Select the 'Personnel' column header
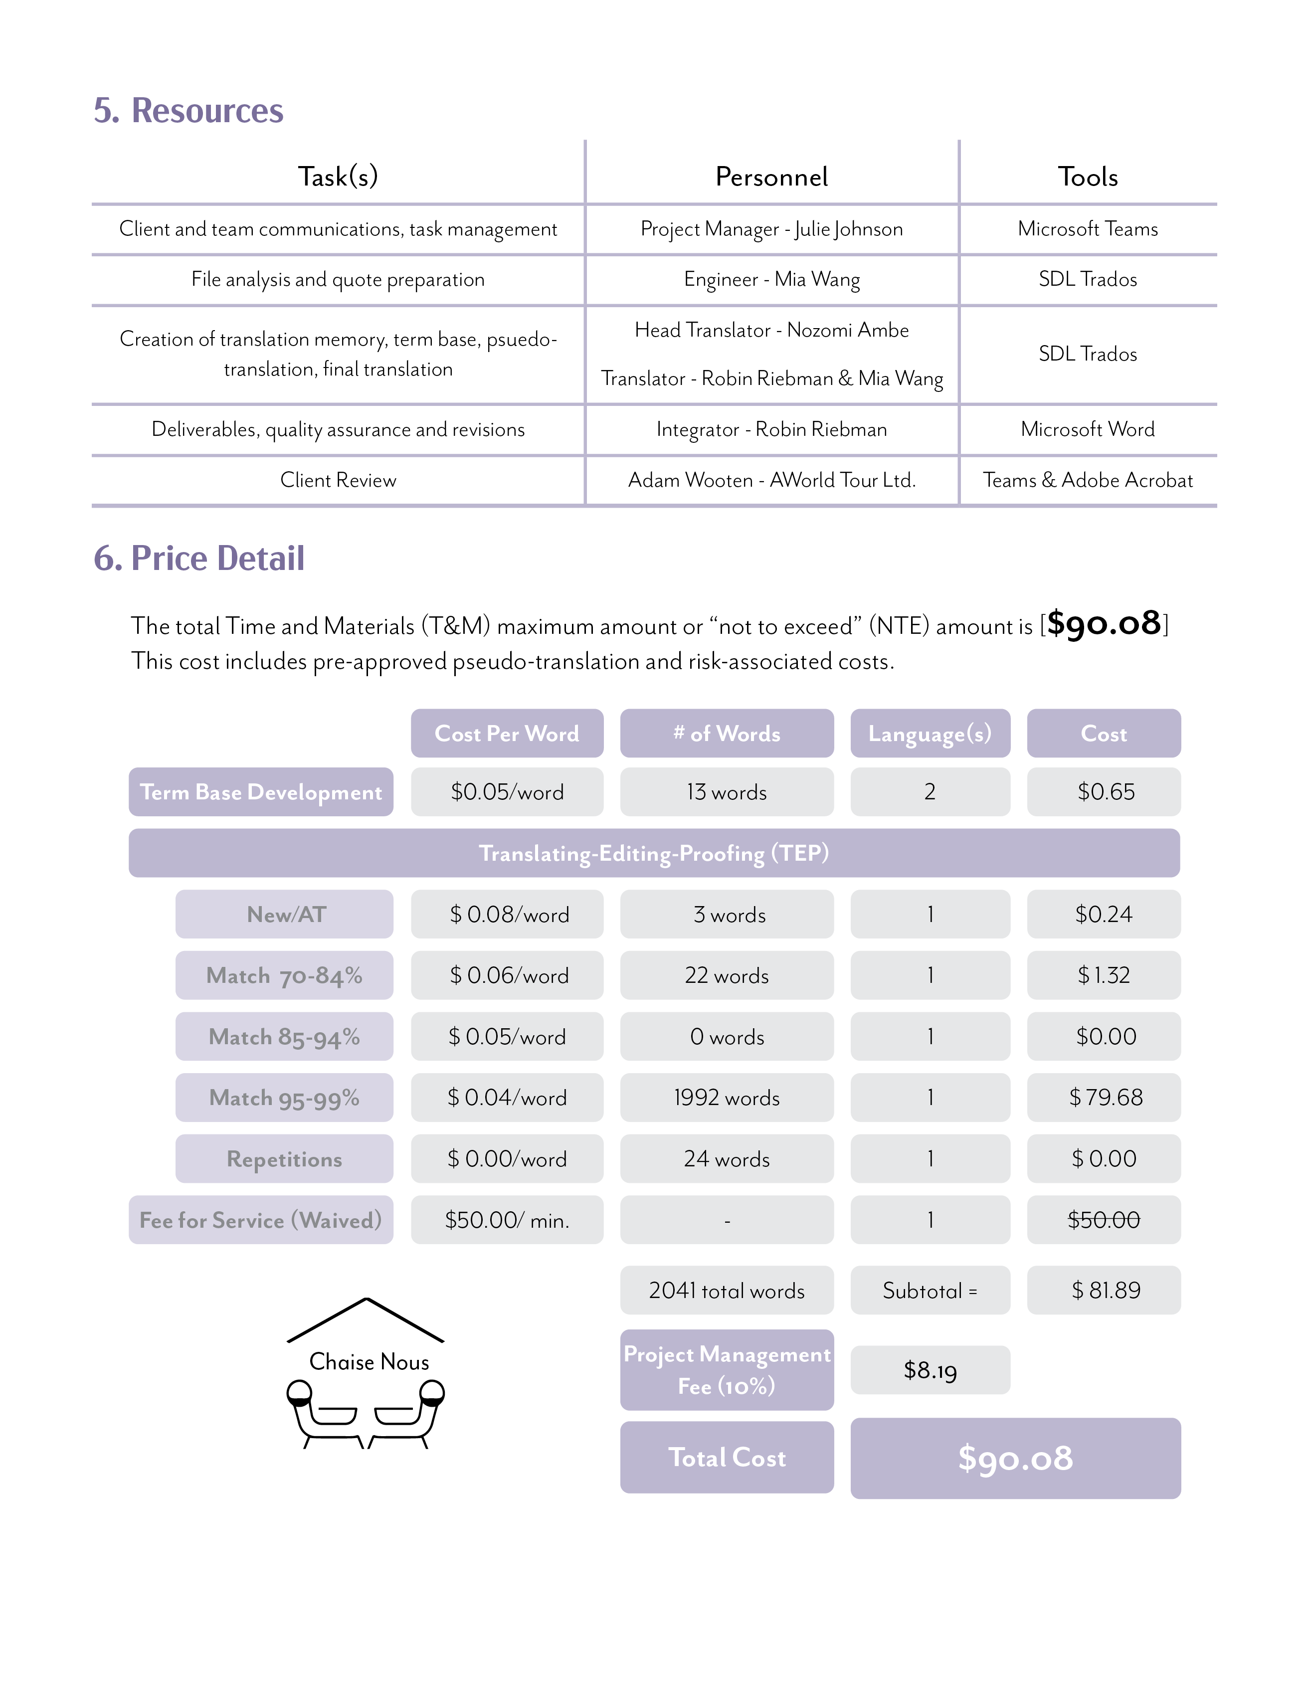coord(771,177)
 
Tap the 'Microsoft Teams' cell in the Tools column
coord(1087,229)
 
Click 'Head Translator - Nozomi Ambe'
coord(771,330)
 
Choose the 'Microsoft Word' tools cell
coord(1087,429)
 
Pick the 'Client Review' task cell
coord(338,480)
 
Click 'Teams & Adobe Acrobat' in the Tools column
coord(1087,480)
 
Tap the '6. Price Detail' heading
coord(199,558)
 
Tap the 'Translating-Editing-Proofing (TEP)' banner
coord(653,853)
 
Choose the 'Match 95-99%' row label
coord(284,1098)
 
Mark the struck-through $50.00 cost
coord(1103,1220)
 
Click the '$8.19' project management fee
coord(930,1370)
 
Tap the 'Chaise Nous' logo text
coord(369,1362)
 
